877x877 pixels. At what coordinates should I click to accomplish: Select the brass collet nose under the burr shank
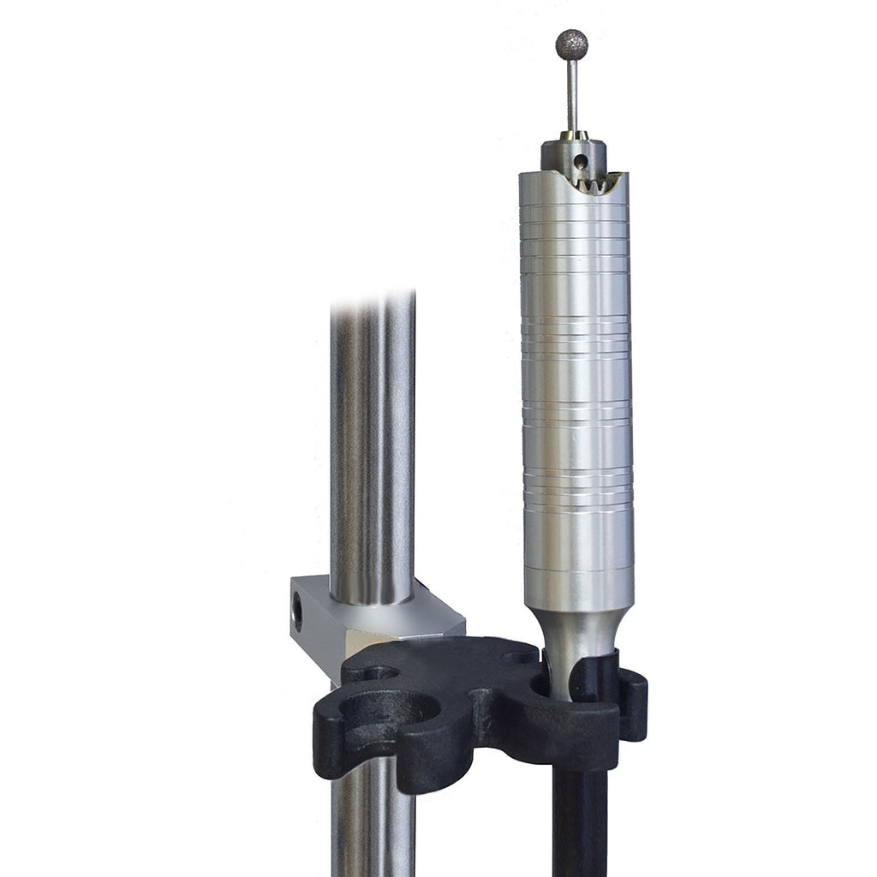(572, 135)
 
